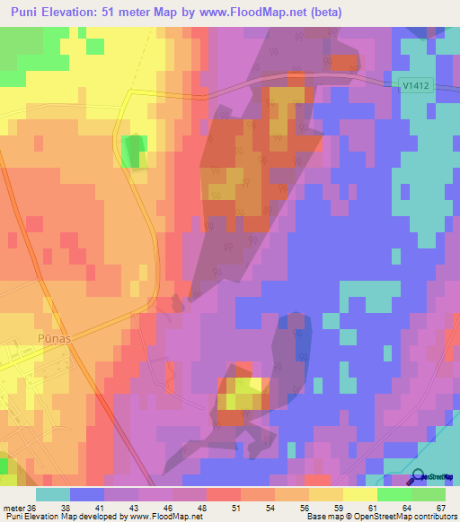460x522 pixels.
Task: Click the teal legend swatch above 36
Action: click(53, 494)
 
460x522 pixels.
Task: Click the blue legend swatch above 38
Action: click(87, 494)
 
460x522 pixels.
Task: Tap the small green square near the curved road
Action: click(133, 150)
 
